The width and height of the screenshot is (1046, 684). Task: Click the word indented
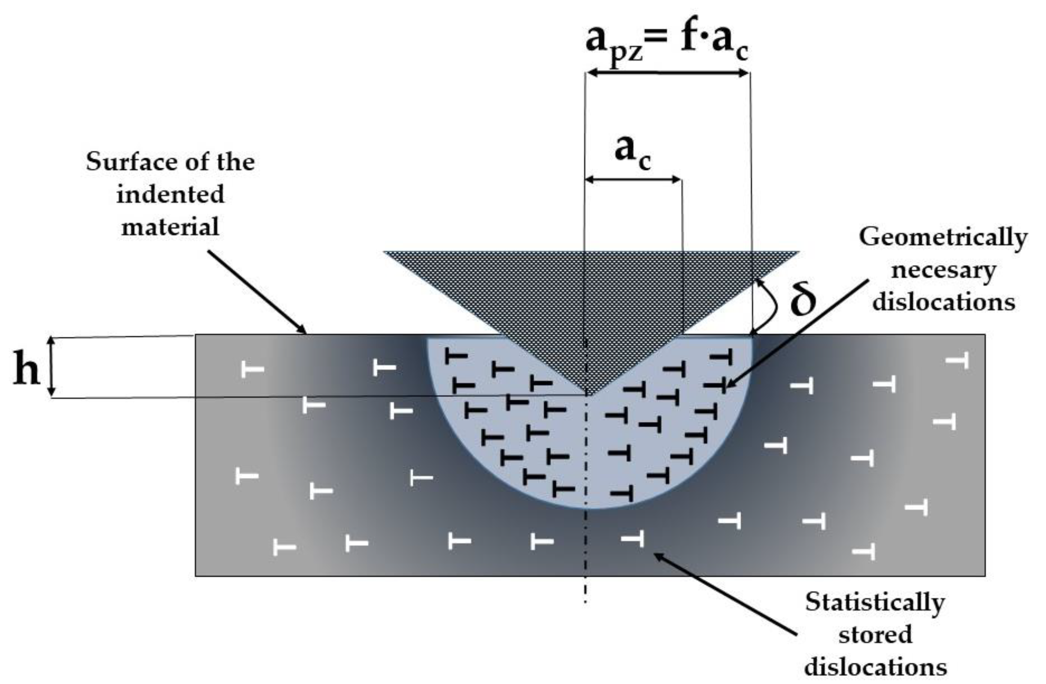click(x=170, y=194)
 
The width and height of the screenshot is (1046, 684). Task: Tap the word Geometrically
click(x=943, y=238)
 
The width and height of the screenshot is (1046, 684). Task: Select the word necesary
click(x=943, y=270)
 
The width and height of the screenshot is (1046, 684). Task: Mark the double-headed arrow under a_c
click(x=633, y=179)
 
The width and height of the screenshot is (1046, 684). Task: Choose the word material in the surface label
click(x=170, y=228)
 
